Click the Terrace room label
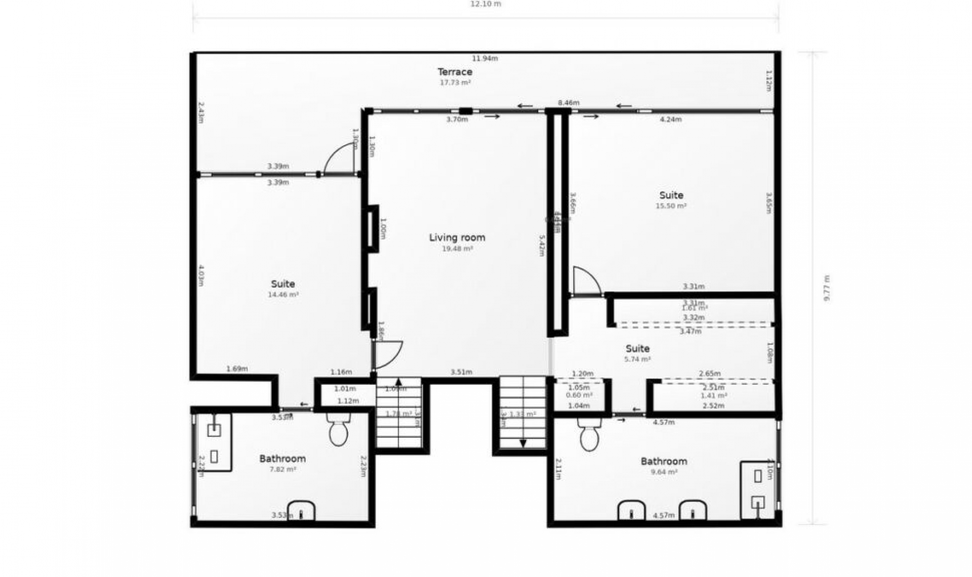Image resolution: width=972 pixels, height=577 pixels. tap(455, 72)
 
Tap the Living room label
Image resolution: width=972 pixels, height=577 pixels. tap(457, 237)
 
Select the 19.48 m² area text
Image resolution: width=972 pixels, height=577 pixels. tap(457, 249)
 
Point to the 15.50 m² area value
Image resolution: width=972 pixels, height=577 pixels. tap(671, 206)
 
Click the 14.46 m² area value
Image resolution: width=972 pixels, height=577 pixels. tap(283, 295)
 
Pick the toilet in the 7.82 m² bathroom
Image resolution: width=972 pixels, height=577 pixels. tap(338, 430)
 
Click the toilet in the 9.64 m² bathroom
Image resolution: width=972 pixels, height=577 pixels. tap(589, 435)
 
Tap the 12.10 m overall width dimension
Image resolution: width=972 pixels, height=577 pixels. tap(485, 4)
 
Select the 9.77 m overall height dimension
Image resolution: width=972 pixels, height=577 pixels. tap(827, 288)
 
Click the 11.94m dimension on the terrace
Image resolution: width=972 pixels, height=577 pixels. tap(485, 58)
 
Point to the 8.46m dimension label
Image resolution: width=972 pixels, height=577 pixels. tap(569, 103)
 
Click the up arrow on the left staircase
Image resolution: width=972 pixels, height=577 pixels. tap(398, 382)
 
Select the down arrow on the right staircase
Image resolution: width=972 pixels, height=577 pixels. tap(523, 443)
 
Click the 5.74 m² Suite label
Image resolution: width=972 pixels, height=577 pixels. tap(637, 349)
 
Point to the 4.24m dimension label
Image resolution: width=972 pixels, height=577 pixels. tap(671, 119)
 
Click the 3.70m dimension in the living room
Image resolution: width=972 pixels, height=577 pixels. tap(457, 119)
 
